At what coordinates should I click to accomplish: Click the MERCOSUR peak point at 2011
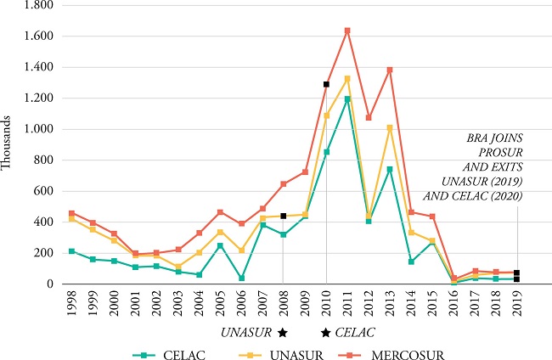click(x=347, y=31)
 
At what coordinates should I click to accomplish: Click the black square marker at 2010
click(x=326, y=84)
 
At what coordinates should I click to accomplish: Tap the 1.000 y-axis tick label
click(x=38, y=129)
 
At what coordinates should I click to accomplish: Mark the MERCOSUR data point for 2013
click(x=391, y=70)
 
